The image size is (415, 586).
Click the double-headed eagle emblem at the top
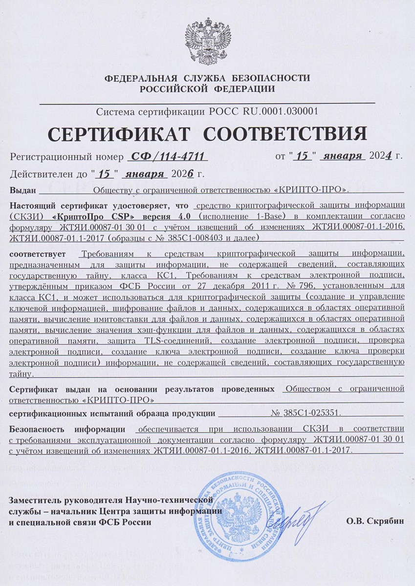[x=208, y=40]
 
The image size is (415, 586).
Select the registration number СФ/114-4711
[x=167, y=156]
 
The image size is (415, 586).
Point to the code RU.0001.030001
[x=280, y=111]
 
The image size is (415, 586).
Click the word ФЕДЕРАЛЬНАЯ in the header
[x=139, y=78]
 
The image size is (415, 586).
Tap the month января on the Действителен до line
[x=145, y=173]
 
